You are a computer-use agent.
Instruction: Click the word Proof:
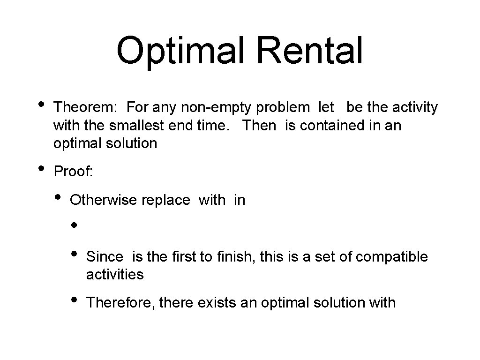pos(74,172)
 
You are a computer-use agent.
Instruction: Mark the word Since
pos(105,257)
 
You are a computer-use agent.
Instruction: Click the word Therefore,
pos(121,303)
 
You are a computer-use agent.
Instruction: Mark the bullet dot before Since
pos(74,254)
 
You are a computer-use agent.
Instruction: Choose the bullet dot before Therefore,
pos(74,299)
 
